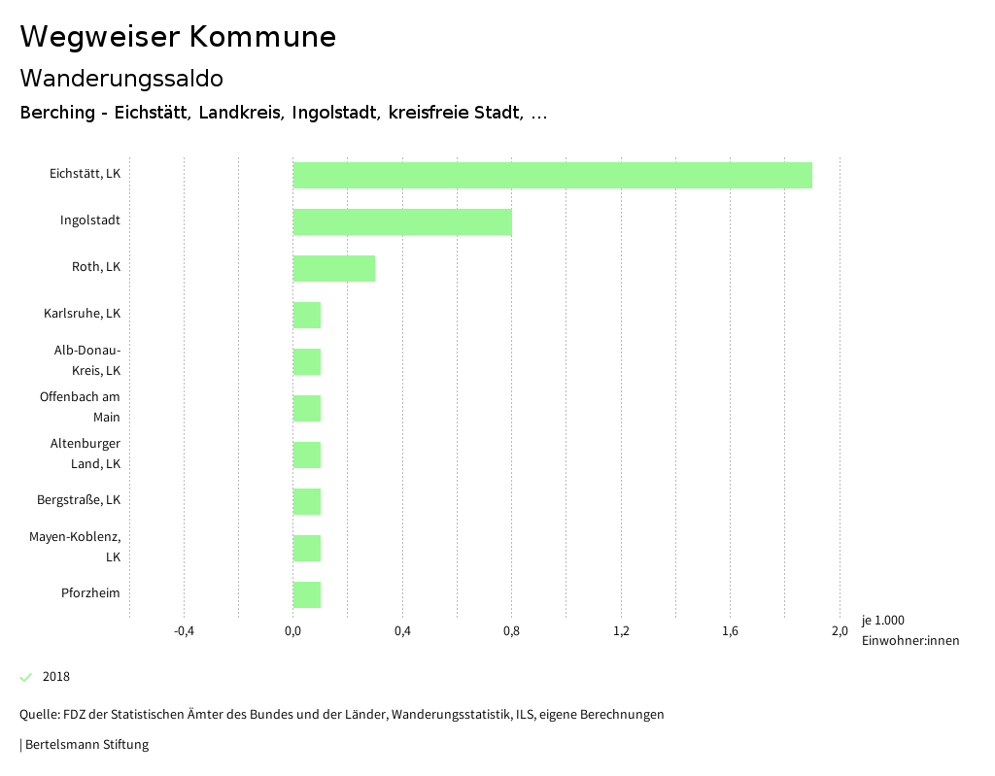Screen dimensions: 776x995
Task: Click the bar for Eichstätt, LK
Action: (x=552, y=175)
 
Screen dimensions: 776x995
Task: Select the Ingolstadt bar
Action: (x=402, y=221)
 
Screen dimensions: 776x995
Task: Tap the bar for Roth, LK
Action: (x=333, y=268)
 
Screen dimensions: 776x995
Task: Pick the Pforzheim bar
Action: (x=306, y=594)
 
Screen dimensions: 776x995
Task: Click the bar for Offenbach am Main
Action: (x=306, y=408)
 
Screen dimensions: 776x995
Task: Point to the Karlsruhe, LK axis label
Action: (x=82, y=314)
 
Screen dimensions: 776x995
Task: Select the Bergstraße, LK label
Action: (x=79, y=500)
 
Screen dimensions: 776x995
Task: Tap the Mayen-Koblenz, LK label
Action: (x=75, y=547)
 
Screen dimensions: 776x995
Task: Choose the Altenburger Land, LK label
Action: (x=86, y=454)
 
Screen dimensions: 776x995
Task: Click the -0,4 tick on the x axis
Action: (x=184, y=631)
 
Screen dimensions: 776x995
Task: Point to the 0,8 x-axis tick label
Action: (x=511, y=631)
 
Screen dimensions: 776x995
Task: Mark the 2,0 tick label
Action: (x=839, y=631)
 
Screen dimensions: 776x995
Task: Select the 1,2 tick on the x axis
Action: (x=621, y=631)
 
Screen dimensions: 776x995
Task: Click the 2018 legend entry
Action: (x=55, y=677)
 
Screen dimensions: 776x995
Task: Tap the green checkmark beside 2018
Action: (x=26, y=677)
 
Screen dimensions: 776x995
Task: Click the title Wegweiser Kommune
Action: (x=178, y=37)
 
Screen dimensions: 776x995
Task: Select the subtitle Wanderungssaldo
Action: (x=121, y=78)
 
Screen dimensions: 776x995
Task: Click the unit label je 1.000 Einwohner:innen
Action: (x=909, y=630)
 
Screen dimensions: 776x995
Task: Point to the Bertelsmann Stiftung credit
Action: (x=86, y=745)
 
